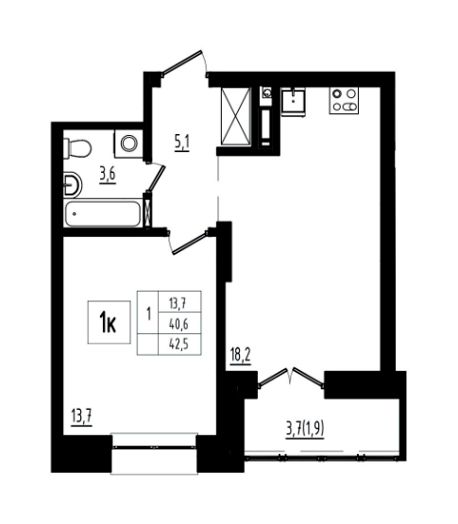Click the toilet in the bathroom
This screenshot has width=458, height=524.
[x=77, y=147]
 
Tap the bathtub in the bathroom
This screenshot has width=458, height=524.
[x=103, y=213]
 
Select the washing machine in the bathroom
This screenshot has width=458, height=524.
[x=128, y=144]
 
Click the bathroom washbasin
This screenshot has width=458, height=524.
[x=72, y=184]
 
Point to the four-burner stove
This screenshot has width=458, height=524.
[x=344, y=100]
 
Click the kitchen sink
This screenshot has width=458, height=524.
[x=293, y=102]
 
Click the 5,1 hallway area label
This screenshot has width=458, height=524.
[x=181, y=144]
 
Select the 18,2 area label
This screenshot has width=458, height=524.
[x=240, y=355]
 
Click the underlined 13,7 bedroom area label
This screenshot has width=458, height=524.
[x=81, y=417]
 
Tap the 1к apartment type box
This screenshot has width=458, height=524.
[x=109, y=322]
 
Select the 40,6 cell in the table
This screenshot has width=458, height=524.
[x=179, y=323]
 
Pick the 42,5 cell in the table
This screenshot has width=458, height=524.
[x=179, y=344]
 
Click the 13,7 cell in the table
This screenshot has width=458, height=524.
[x=179, y=302]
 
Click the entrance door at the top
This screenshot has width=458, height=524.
[x=184, y=63]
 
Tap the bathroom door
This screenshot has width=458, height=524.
[x=156, y=177]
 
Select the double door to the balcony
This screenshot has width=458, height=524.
[x=290, y=378]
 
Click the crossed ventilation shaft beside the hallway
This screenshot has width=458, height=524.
[x=236, y=116]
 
